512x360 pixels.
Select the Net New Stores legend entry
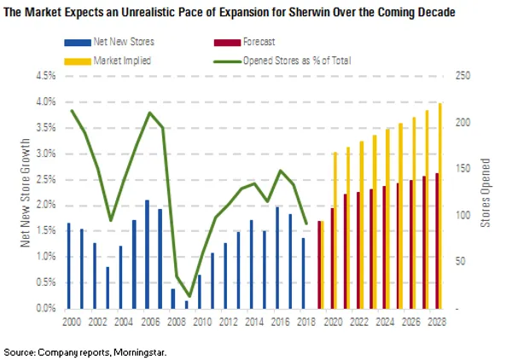(99, 41)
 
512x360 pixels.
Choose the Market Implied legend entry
(99, 59)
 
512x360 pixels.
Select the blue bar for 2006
(148, 254)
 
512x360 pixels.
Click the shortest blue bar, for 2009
(186, 304)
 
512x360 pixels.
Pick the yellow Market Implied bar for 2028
(440, 206)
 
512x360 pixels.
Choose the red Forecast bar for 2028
(437, 241)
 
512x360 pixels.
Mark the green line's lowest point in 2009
(190, 296)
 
